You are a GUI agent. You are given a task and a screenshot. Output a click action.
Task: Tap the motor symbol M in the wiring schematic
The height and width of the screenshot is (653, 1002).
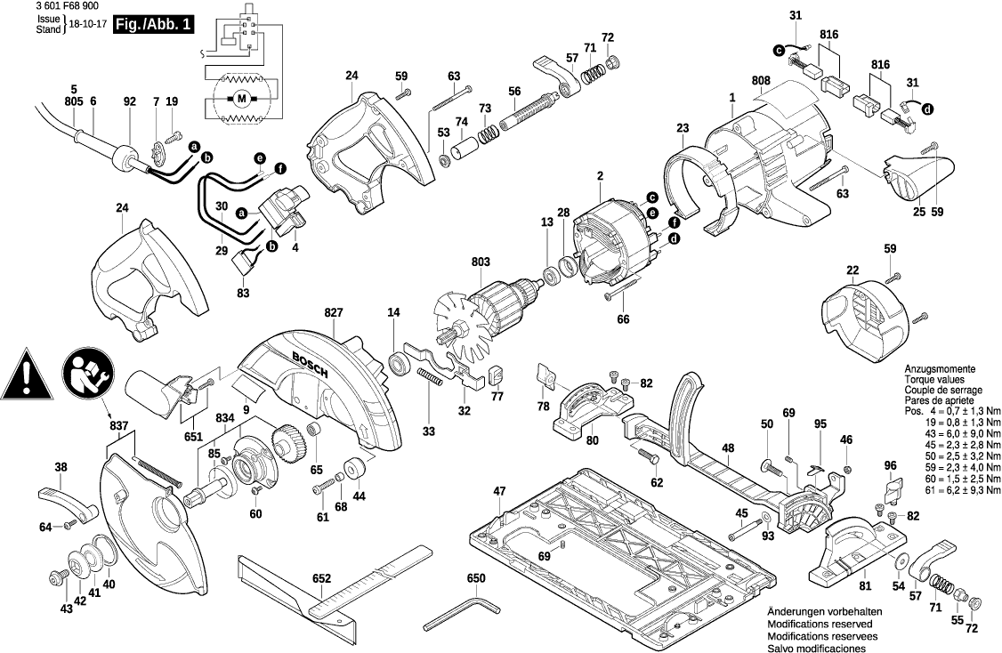coord(241,97)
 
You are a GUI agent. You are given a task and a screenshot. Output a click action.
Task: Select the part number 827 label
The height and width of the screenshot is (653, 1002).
coord(333,314)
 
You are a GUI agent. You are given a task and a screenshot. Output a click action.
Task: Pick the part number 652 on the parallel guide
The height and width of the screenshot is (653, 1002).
coord(321,578)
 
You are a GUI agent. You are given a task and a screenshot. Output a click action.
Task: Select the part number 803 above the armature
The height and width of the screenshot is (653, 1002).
coord(481,262)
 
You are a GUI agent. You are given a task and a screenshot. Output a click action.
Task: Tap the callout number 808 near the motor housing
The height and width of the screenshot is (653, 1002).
coord(761,81)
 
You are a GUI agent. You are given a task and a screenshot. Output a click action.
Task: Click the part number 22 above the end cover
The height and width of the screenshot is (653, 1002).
coord(853,270)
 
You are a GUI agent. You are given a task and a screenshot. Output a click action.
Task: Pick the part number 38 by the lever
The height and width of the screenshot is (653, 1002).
coord(61,467)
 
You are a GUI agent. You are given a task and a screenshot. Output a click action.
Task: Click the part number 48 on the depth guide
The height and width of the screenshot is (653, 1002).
coord(728,448)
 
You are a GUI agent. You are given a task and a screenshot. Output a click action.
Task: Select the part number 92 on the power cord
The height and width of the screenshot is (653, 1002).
coord(130,102)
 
